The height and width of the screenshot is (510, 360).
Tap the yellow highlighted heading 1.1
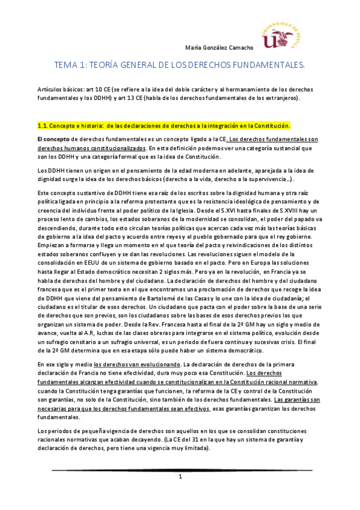(163, 126)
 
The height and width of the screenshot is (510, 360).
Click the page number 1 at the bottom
(180, 477)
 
